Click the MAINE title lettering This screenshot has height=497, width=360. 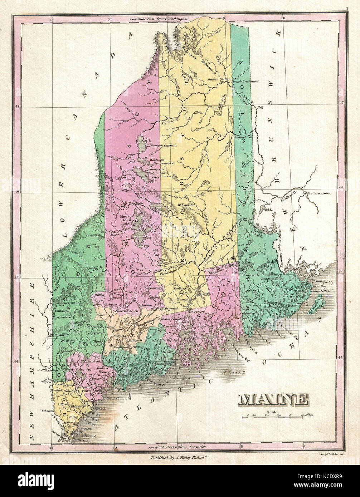pos(273,399)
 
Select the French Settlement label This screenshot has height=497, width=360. pos(245,82)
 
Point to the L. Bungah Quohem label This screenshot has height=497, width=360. pos(162,146)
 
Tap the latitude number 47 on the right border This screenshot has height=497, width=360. pos(341,102)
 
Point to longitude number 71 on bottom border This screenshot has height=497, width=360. pos(51,448)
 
